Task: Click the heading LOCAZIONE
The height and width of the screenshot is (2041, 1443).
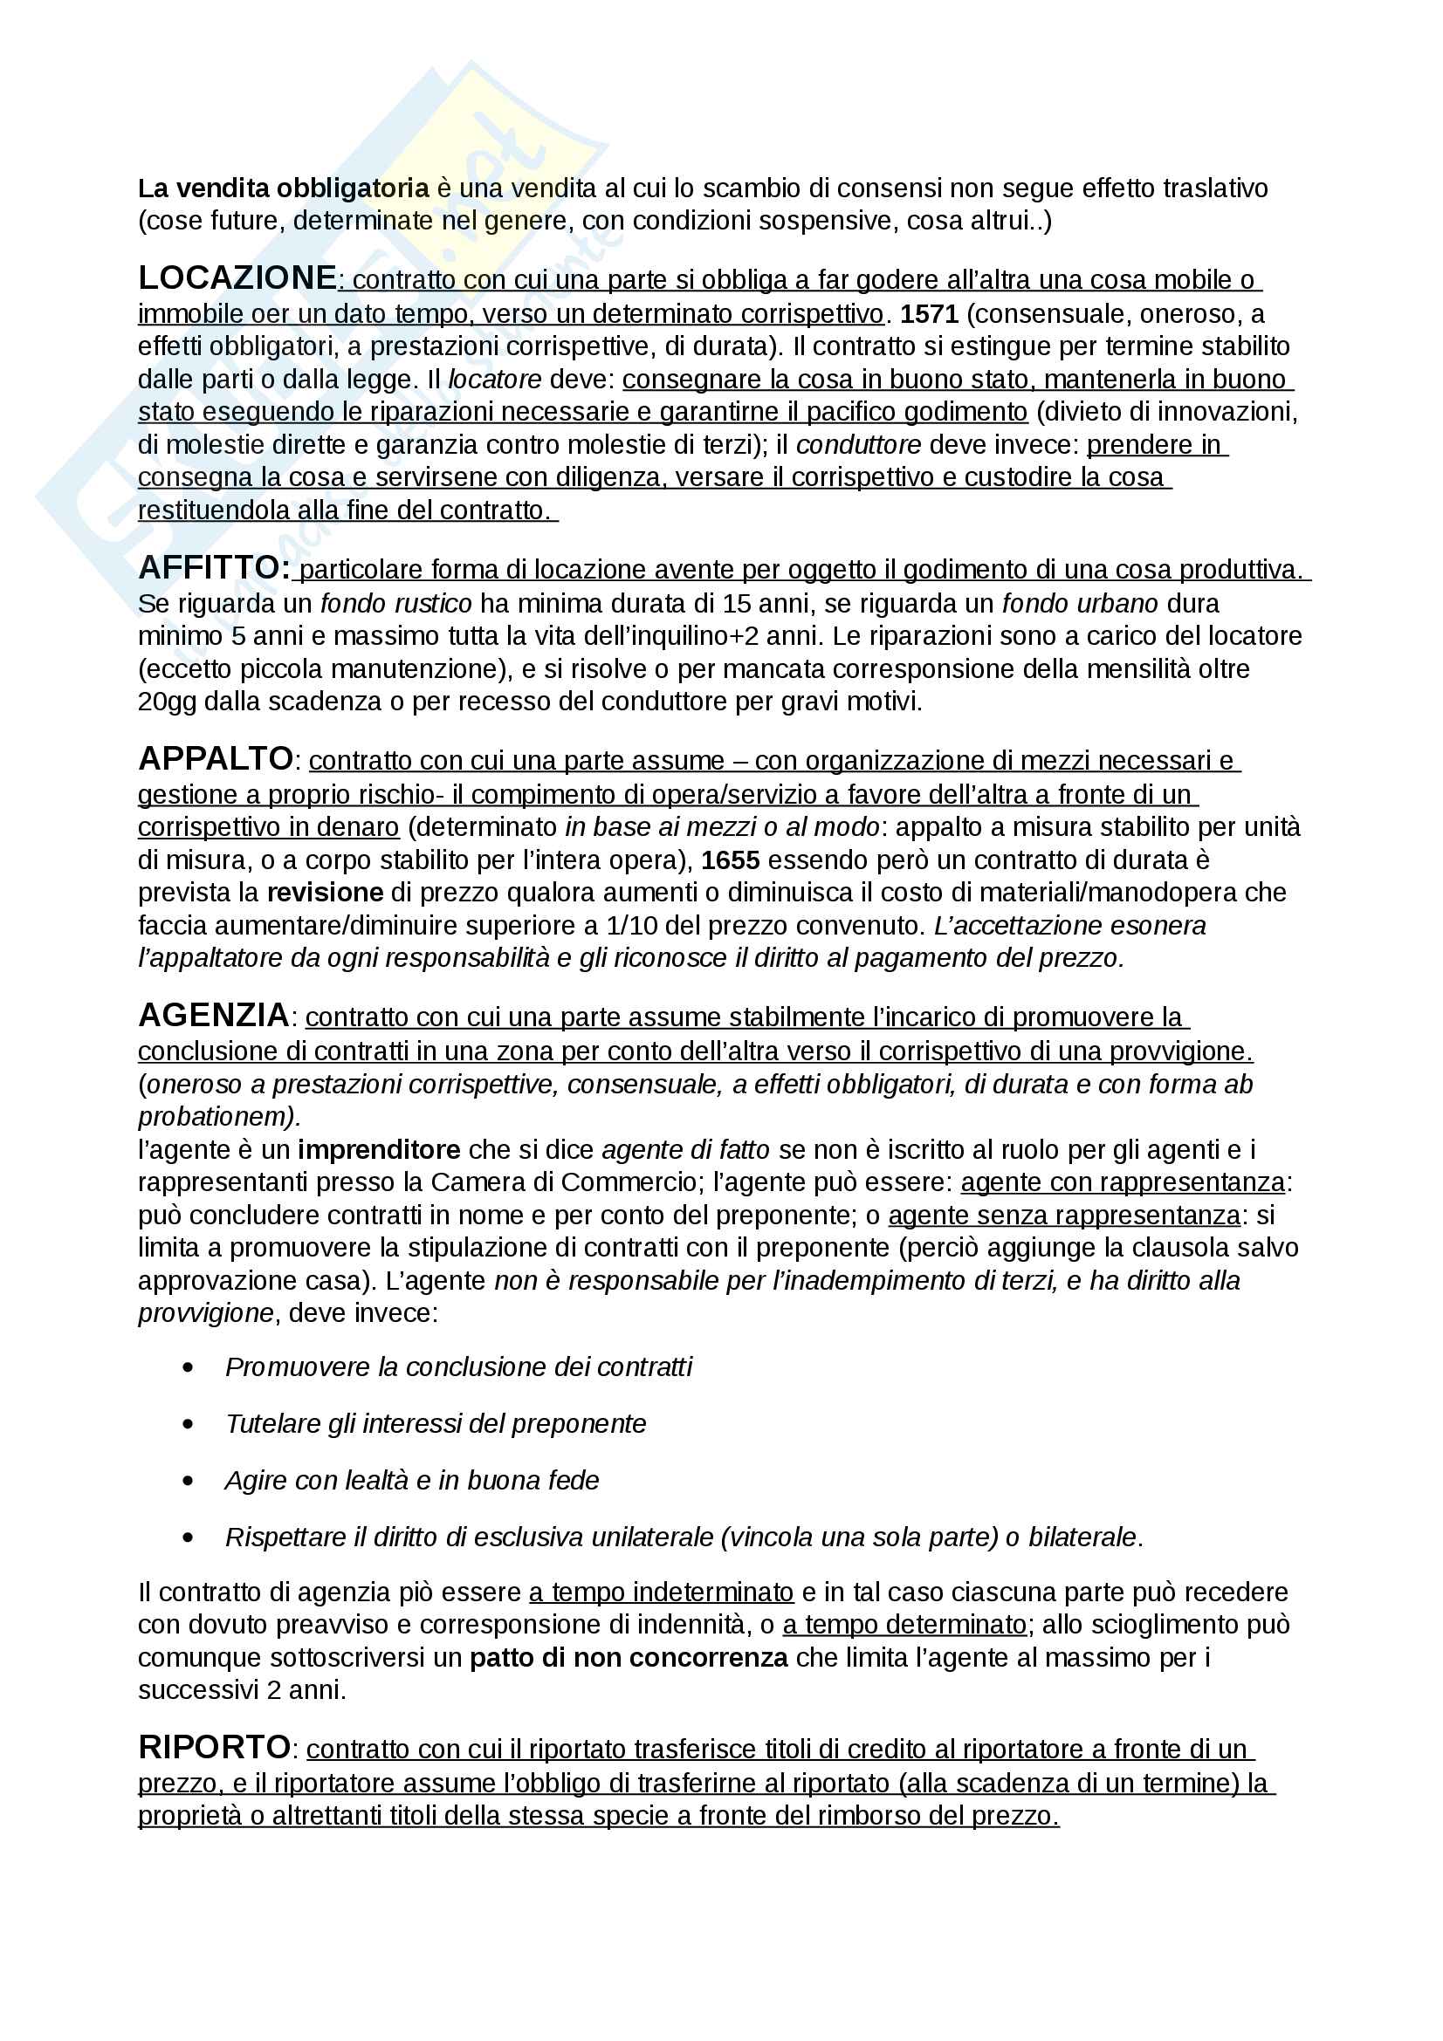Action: [237, 278]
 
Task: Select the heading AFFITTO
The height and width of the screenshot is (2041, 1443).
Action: [213, 567]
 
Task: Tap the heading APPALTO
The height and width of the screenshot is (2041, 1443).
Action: [216, 759]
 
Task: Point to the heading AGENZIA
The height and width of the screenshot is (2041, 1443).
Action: [213, 1015]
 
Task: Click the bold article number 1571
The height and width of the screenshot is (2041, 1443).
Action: [929, 314]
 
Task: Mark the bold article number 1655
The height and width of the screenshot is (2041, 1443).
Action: [730, 860]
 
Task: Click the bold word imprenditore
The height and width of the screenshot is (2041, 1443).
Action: [379, 1149]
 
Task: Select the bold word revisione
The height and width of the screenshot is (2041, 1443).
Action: [326, 893]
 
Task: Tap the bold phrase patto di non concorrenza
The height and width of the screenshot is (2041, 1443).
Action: [629, 1657]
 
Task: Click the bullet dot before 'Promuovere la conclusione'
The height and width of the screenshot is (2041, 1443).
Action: [188, 1367]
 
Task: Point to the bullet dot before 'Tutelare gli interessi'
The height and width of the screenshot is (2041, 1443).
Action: [188, 1424]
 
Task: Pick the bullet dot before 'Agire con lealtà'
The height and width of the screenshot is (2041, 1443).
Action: [188, 1481]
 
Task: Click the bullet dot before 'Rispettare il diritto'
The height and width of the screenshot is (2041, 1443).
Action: [188, 1538]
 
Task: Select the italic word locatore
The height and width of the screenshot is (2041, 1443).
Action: [494, 380]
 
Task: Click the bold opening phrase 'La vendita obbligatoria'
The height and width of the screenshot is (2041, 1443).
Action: [283, 188]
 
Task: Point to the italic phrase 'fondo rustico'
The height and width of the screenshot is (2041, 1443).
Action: [395, 604]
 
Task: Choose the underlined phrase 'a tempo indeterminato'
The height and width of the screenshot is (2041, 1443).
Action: [661, 1592]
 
